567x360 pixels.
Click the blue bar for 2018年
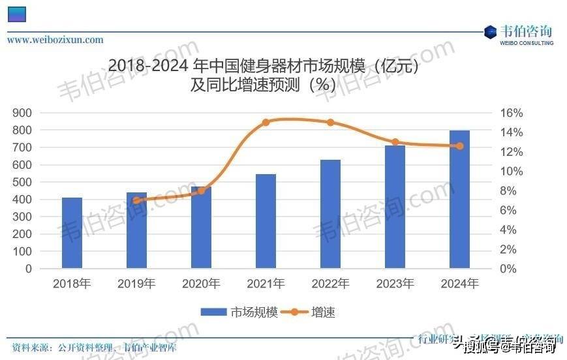point(72,232)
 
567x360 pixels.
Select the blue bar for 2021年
point(266,221)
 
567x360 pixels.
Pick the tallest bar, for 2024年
point(459,199)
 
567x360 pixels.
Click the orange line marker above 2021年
point(266,122)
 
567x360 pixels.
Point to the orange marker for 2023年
point(395,142)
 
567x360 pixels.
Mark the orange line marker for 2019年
point(136,200)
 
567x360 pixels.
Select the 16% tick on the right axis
point(493,113)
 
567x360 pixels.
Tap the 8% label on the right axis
point(493,191)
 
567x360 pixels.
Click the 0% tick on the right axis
point(493,269)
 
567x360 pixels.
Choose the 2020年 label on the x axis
point(201,284)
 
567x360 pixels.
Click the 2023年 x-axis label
point(395,284)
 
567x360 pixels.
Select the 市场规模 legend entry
point(239,312)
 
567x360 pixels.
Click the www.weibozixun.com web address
point(55,40)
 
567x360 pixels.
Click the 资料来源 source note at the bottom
point(91,348)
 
